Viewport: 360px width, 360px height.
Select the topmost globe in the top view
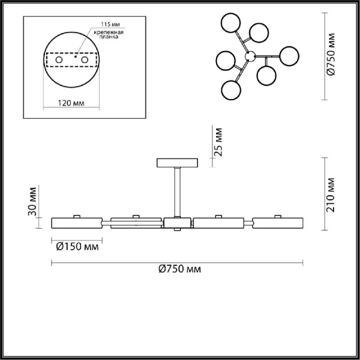tap(231, 24)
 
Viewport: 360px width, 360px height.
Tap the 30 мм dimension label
tap(34, 203)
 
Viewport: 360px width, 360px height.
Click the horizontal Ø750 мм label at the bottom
tap(180, 269)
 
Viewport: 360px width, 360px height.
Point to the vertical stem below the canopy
tap(177, 192)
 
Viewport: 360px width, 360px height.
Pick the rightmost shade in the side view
tap(278, 222)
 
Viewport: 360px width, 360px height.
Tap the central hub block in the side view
tap(177, 224)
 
